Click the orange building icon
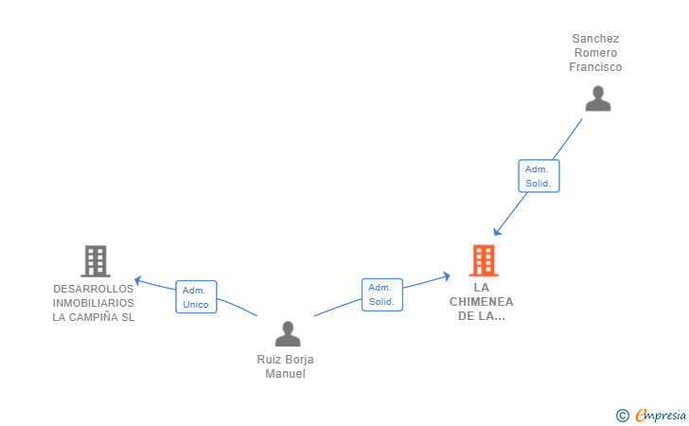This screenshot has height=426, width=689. pos(484,260)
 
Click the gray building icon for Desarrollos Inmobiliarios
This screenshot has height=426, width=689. pos(96,261)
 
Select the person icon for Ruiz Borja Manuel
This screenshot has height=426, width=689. pos(288,333)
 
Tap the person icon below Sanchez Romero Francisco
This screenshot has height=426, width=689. pos(597,98)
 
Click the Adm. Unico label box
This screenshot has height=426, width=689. pos(196,296)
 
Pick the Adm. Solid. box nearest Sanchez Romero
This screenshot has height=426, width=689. pos(539,176)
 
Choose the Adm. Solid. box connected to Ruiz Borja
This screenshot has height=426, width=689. pos(382,294)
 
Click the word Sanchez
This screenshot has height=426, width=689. pos(595,39)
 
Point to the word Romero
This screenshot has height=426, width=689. pos(596,53)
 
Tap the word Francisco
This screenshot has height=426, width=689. pos(595,67)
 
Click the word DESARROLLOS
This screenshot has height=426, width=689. pos(93,289)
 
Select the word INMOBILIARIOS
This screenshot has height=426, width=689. pos(93,303)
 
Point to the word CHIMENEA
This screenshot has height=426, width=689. pos(481,302)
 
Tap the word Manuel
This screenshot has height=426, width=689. pos(285,374)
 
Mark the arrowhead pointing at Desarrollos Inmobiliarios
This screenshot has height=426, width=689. pos(138,280)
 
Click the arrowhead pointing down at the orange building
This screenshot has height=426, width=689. pos(497,231)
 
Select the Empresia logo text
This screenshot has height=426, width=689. pos(661,415)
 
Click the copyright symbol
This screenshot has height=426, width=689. pos(623,416)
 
